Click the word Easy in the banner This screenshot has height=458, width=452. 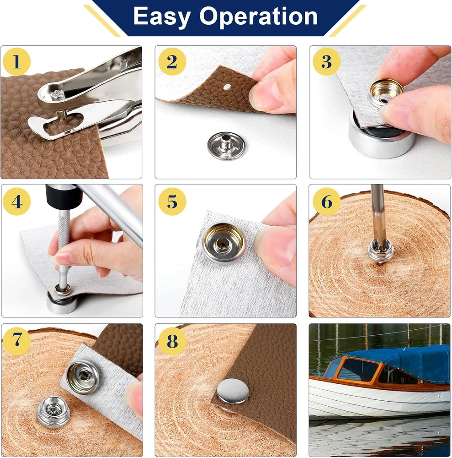(x=162, y=16)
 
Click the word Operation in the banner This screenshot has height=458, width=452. (x=259, y=16)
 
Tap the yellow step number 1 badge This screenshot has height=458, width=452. (x=16, y=62)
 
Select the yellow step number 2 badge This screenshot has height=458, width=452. (x=172, y=62)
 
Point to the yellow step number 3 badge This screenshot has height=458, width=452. (x=327, y=62)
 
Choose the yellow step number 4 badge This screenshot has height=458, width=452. (x=16, y=202)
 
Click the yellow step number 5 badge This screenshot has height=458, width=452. (x=172, y=202)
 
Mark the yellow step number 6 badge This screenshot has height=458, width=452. (x=327, y=202)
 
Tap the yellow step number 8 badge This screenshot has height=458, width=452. (x=172, y=341)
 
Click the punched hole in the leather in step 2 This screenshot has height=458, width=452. (x=227, y=87)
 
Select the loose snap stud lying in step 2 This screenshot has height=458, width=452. (x=226, y=146)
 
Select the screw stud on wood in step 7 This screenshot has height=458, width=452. (x=53, y=411)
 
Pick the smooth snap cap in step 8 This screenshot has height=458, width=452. (x=233, y=392)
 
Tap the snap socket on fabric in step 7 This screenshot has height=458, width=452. (x=83, y=377)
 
